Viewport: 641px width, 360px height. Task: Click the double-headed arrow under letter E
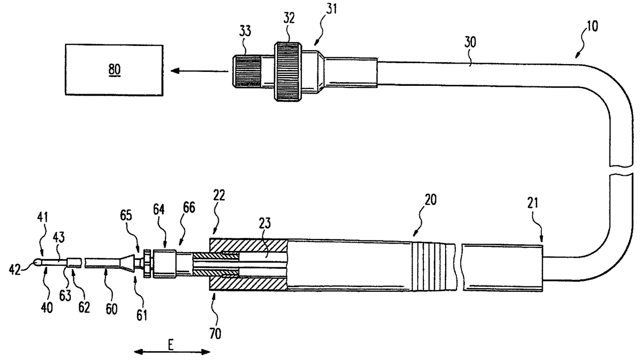click(x=172, y=352)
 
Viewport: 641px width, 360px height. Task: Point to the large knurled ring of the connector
click(x=287, y=71)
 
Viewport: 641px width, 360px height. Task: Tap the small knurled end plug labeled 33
click(x=245, y=71)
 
